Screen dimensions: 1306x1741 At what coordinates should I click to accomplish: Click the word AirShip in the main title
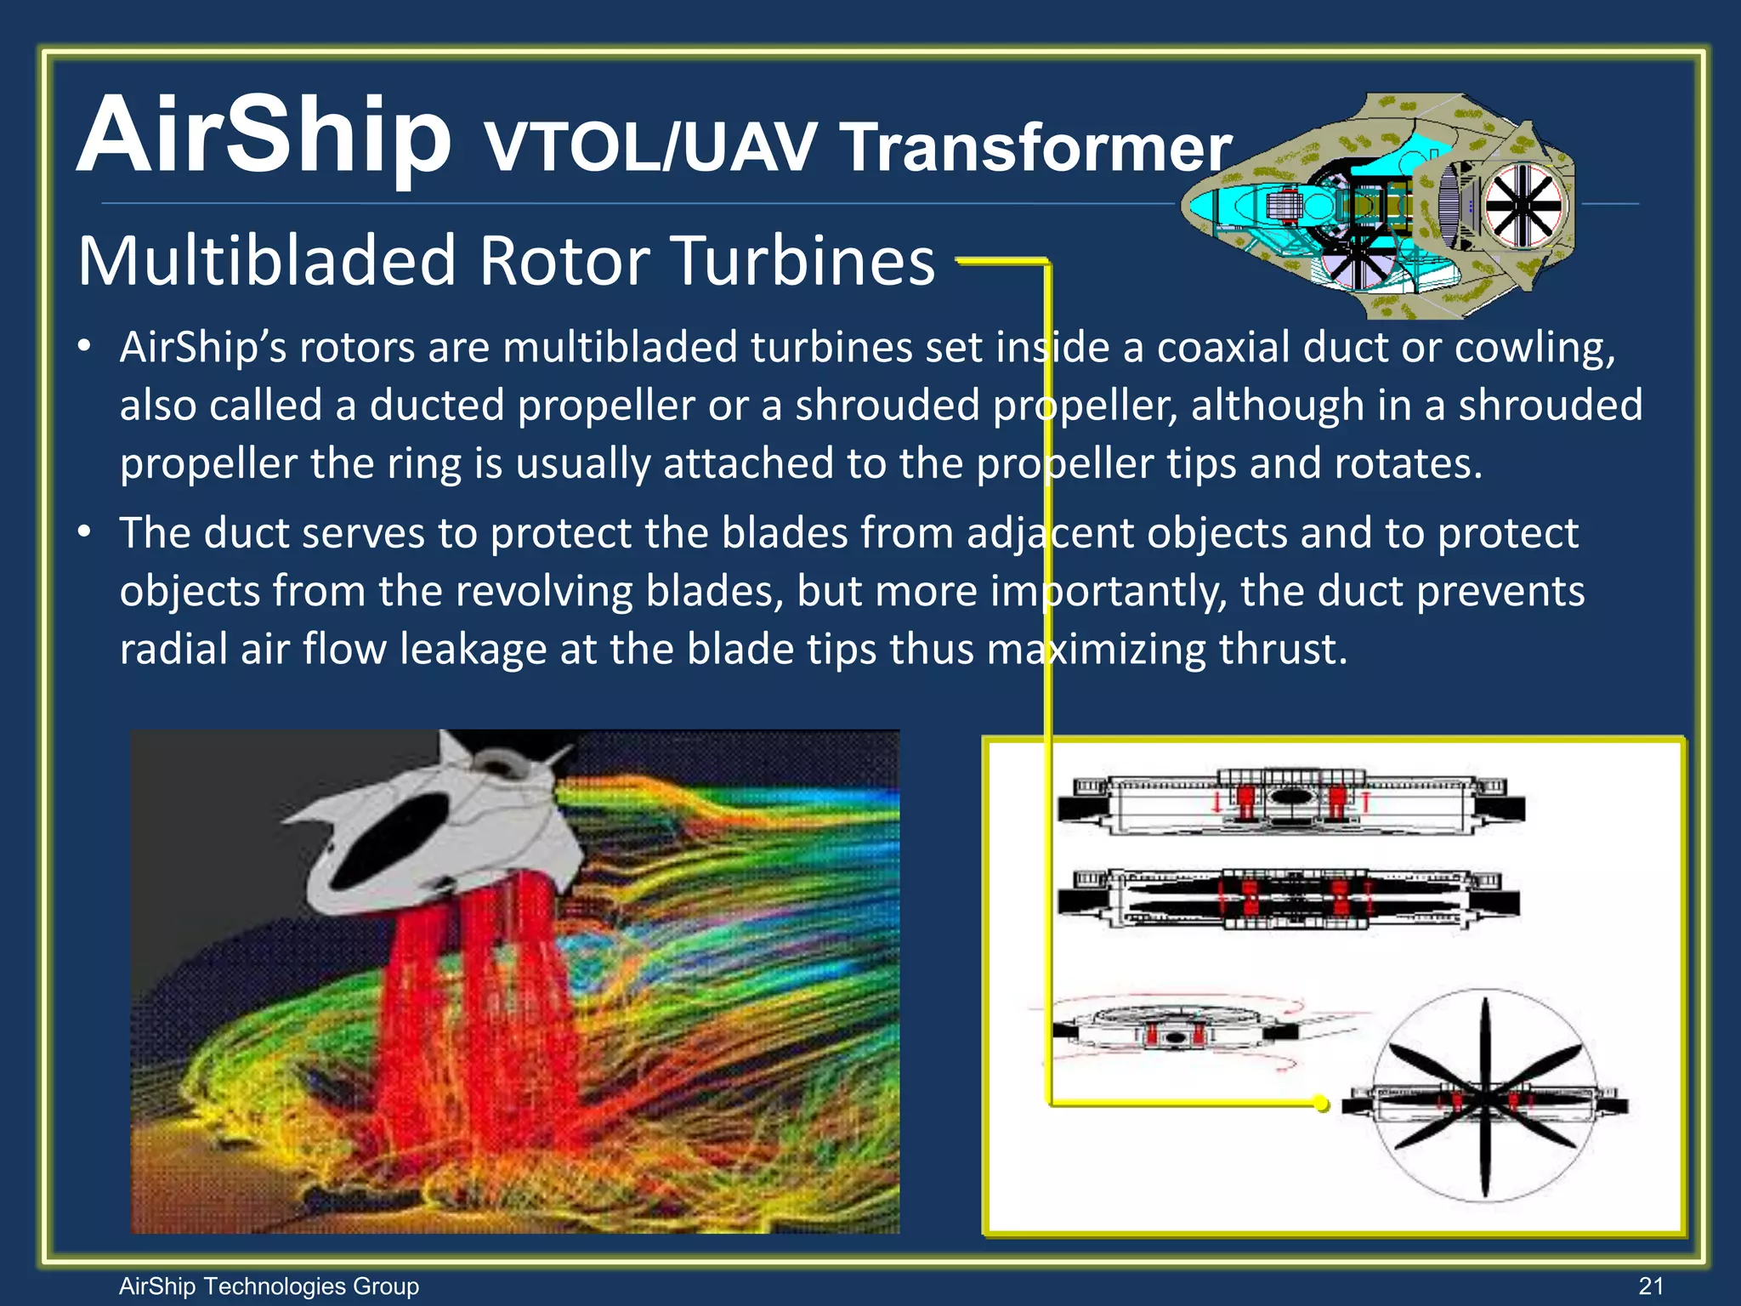(264, 136)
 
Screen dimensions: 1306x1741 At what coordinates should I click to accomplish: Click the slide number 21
(1650, 1286)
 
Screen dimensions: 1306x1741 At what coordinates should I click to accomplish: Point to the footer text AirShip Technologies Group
(269, 1286)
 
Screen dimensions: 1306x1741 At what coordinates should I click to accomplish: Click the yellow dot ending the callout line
(1320, 1104)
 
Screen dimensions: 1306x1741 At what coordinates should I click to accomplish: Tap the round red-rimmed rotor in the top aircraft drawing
(1523, 205)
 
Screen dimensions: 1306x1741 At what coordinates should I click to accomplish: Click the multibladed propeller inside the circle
(1484, 1097)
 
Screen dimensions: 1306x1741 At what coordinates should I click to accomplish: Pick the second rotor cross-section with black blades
(1289, 898)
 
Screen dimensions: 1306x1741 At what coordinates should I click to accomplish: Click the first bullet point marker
(83, 348)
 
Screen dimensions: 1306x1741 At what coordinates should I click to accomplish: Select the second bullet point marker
(83, 533)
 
